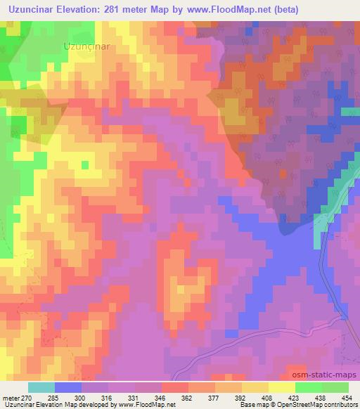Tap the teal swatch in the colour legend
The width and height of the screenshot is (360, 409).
[41, 387]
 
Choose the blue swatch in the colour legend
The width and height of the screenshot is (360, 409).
[68, 387]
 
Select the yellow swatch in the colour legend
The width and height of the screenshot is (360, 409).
[255, 387]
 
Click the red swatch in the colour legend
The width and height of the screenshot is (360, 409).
[174, 387]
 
